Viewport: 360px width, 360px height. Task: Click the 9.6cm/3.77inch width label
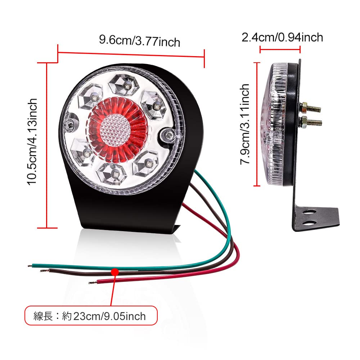[x=139, y=40]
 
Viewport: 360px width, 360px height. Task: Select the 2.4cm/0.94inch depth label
[x=282, y=37]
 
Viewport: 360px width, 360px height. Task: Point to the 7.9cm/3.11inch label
[x=245, y=124]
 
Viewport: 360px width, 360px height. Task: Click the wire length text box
[x=91, y=316]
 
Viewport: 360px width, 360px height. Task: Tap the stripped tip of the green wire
[x=30, y=266]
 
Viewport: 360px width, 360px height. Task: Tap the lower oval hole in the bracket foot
[x=309, y=223]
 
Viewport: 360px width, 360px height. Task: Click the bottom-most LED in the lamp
[x=114, y=174]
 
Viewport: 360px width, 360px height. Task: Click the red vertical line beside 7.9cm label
[x=257, y=124]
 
